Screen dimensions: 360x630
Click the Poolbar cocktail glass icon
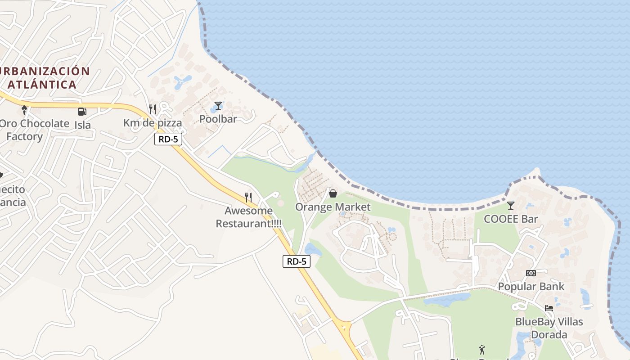[x=218, y=106]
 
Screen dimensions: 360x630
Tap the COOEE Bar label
[x=511, y=219]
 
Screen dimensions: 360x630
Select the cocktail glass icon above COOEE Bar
[x=511, y=206]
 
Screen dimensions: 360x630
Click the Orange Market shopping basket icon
[x=333, y=193]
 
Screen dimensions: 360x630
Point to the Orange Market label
[x=333, y=207]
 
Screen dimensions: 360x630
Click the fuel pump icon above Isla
[x=82, y=112]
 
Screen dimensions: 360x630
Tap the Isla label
[x=83, y=125]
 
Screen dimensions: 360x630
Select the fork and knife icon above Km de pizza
[x=153, y=109]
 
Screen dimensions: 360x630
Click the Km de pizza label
[x=153, y=123]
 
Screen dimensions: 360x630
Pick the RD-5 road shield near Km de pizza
[x=168, y=139]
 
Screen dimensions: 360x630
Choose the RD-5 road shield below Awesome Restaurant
[x=297, y=261]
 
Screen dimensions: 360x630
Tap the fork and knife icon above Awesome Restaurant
[x=248, y=197]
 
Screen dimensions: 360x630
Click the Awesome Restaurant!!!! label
[x=249, y=217]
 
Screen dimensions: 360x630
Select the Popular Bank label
[x=531, y=287]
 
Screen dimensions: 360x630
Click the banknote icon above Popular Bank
[x=531, y=273]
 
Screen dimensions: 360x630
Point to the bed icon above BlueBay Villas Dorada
[x=549, y=308]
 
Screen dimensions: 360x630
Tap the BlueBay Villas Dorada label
[x=549, y=328]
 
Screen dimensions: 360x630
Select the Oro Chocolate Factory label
[x=31, y=130]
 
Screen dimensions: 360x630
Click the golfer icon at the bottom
[x=482, y=349]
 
